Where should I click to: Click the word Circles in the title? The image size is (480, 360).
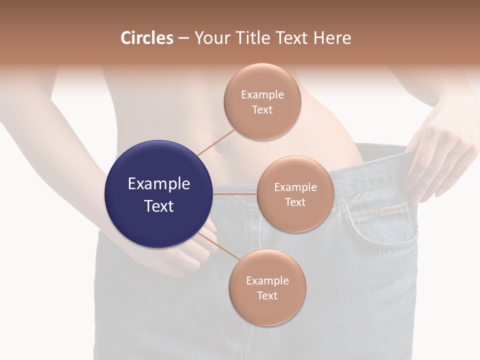point(147,38)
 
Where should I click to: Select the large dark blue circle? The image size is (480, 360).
point(159,194)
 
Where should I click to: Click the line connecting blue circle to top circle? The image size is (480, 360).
point(216,142)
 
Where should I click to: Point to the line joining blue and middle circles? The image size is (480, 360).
point(235,194)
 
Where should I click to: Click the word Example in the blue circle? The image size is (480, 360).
point(159,183)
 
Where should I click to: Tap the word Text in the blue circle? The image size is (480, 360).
point(159,205)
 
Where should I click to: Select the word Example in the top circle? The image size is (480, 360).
point(262,94)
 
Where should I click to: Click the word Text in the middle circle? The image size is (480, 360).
point(295,202)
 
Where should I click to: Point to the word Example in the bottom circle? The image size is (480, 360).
point(267,280)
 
